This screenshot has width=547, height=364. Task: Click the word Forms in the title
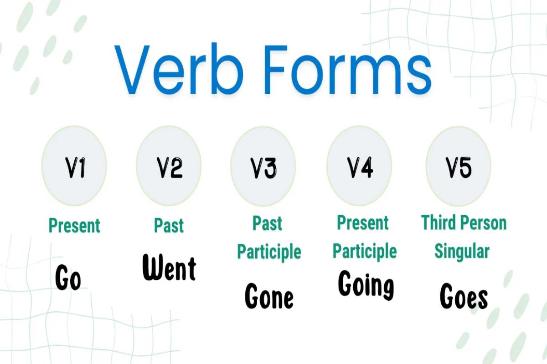(x=348, y=69)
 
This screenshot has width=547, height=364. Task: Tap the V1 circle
(x=74, y=166)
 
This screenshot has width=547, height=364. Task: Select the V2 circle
(x=169, y=166)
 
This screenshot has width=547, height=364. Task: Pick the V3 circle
(x=263, y=166)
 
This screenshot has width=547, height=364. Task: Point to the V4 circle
(x=359, y=166)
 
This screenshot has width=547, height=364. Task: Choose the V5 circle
(x=459, y=166)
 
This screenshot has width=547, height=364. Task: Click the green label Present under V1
(x=74, y=225)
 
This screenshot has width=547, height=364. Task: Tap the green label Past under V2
(x=169, y=225)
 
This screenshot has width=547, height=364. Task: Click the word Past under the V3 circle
(x=267, y=223)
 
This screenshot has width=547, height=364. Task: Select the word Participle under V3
(x=269, y=252)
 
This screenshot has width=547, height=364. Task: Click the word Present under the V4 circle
(x=363, y=222)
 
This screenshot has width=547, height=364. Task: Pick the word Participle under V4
(x=365, y=252)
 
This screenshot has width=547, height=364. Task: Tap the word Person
(x=484, y=223)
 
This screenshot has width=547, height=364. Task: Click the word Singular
(x=462, y=252)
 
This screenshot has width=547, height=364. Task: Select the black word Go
(x=68, y=278)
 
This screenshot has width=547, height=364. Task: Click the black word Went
(x=169, y=267)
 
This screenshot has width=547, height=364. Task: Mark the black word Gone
(x=269, y=296)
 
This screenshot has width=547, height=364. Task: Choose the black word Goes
(x=464, y=296)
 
